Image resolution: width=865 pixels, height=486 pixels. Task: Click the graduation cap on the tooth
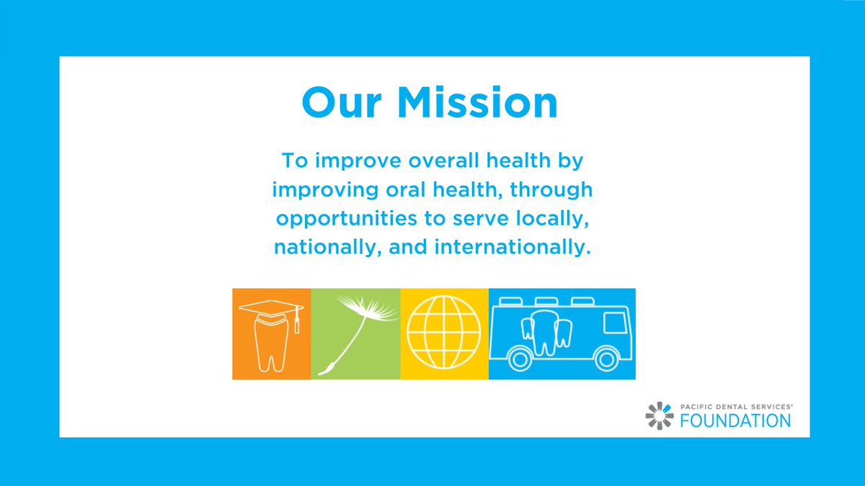[270, 307]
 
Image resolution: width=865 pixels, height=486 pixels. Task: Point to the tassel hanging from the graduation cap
[296, 322]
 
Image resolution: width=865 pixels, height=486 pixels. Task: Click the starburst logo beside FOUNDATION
[660, 416]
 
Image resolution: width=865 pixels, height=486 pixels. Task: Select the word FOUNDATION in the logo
[735, 420]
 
